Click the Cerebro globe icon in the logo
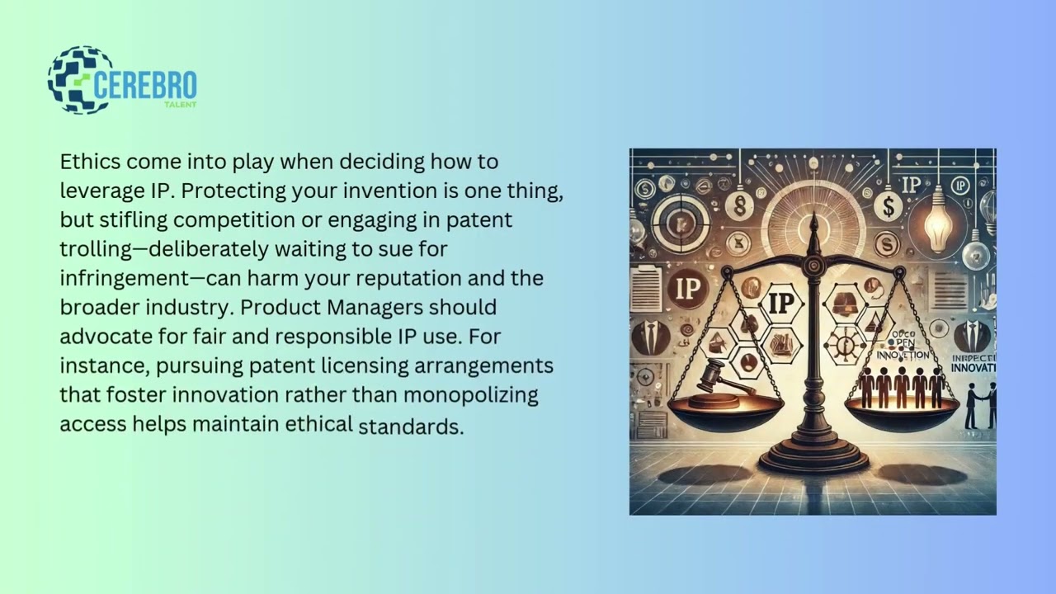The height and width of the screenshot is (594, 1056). coord(79,80)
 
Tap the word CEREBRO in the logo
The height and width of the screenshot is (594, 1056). coord(145,85)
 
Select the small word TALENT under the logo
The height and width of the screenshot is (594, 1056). coord(181,105)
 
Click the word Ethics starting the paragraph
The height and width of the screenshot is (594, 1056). coord(90,161)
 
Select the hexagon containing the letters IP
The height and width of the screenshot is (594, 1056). coord(780,303)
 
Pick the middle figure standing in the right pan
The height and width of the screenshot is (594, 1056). coord(902,387)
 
